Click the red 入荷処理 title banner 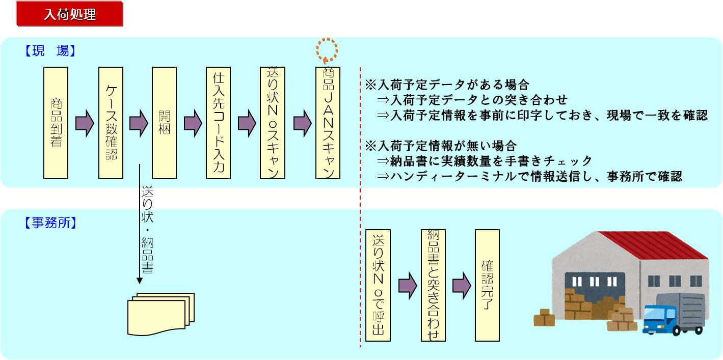click(70, 14)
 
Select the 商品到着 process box click(56, 123)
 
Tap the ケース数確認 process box click(111, 123)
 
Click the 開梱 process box click(164, 123)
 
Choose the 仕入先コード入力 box click(219, 123)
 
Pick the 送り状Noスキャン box click(273, 123)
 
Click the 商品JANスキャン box click(328, 123)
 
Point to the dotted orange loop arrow click(327, 49)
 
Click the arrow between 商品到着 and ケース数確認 click(85, 123)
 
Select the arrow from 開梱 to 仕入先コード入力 click(193, 123)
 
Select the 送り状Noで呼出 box click(378, 285)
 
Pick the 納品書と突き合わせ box click(433, 285)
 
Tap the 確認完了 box click(487, 285)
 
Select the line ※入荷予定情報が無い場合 click(441, 146)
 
